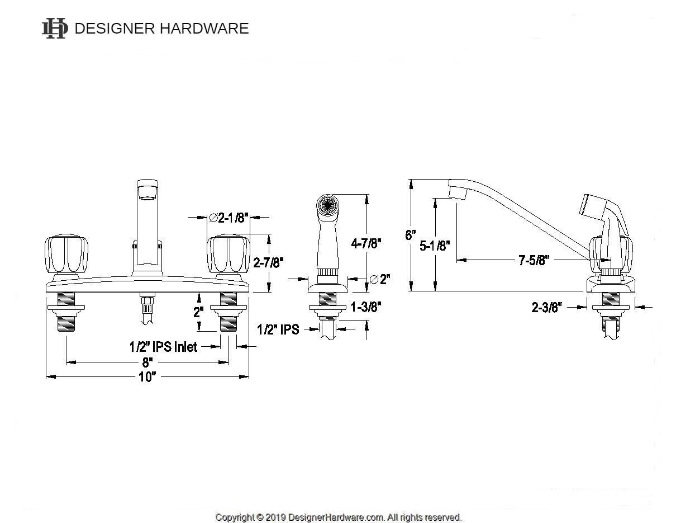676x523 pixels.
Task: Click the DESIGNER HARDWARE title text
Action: pos(161,29)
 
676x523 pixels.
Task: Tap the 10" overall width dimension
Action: pos(146,377)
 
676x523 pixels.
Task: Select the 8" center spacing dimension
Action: pos(146,362)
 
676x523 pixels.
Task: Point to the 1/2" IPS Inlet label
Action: pos(163,347)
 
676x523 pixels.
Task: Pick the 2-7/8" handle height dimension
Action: pos(268,262)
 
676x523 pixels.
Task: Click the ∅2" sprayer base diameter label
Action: pos(380,279)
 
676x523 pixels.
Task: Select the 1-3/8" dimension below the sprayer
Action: pos(365,307)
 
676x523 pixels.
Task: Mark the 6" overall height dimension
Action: pos(411,235)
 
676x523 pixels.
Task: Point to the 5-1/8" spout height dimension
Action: pos(435,246)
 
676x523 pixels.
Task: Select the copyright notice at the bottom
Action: pos(338,517)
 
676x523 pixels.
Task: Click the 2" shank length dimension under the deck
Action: pos(198,312)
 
